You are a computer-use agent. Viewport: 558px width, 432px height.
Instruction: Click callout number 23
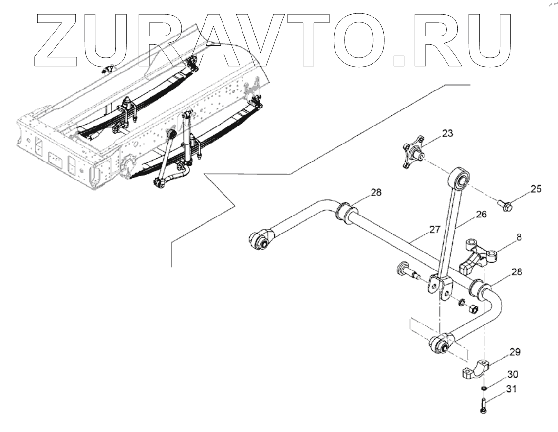click(447, 134)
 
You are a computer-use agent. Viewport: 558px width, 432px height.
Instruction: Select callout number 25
click(536, 189)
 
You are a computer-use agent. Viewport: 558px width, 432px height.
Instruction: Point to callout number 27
click(435, 229)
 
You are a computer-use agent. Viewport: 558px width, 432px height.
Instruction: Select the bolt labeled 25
click(503, 206)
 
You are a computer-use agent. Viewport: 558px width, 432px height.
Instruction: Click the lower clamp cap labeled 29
click(475, 370)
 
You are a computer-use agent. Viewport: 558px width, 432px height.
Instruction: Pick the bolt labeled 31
click(483, 405)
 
